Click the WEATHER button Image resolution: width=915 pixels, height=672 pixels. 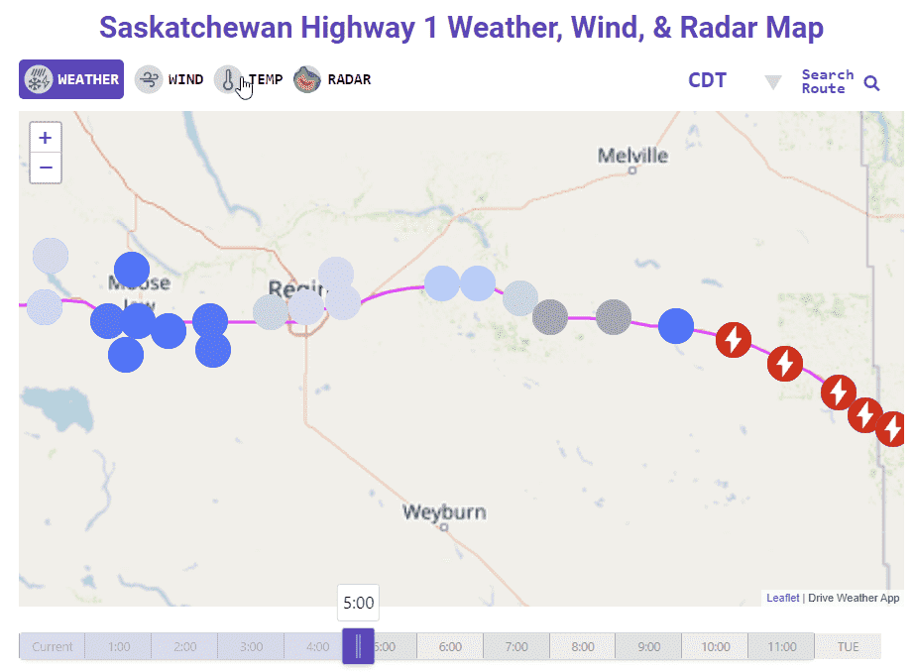click(71, 79)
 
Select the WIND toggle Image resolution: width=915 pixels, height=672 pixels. click(171, 79)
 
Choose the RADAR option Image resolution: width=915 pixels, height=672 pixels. click(332, 79)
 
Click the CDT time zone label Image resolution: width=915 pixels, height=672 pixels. click(707, 80)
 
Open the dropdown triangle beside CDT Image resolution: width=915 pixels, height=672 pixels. click(773, 81)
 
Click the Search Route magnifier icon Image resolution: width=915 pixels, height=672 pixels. click(871, 82)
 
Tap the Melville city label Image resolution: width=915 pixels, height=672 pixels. click(632, 156)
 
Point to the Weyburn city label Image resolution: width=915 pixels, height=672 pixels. click(444, 512)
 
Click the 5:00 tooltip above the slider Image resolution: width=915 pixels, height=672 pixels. click(358, 603)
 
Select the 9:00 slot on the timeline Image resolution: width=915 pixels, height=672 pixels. click(648, 646)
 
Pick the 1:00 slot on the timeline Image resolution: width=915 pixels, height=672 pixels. click(118, 646)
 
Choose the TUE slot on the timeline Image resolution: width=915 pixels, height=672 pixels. click(848, 646)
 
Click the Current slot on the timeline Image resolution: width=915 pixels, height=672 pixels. click(52, 646)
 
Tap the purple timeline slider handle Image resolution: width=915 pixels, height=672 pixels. click(358, 645)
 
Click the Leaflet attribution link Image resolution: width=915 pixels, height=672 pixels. click(782, 598)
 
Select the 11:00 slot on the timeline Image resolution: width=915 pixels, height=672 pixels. click(781, 646)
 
